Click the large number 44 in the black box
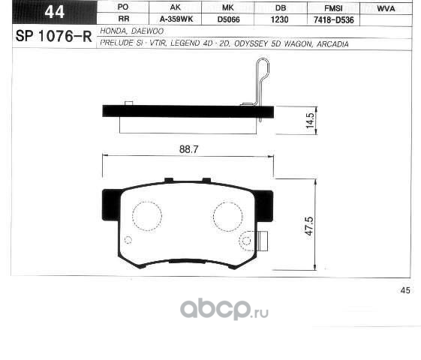[55, 12]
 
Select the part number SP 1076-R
[54, 36]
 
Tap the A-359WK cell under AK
[176, 19]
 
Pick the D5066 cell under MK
[228, 19]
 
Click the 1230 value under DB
[279, 19]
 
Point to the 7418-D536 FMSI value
[333, 19]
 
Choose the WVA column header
[386, 8]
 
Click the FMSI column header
[333, 8]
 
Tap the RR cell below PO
[124, 19]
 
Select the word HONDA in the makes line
[113, 31]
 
